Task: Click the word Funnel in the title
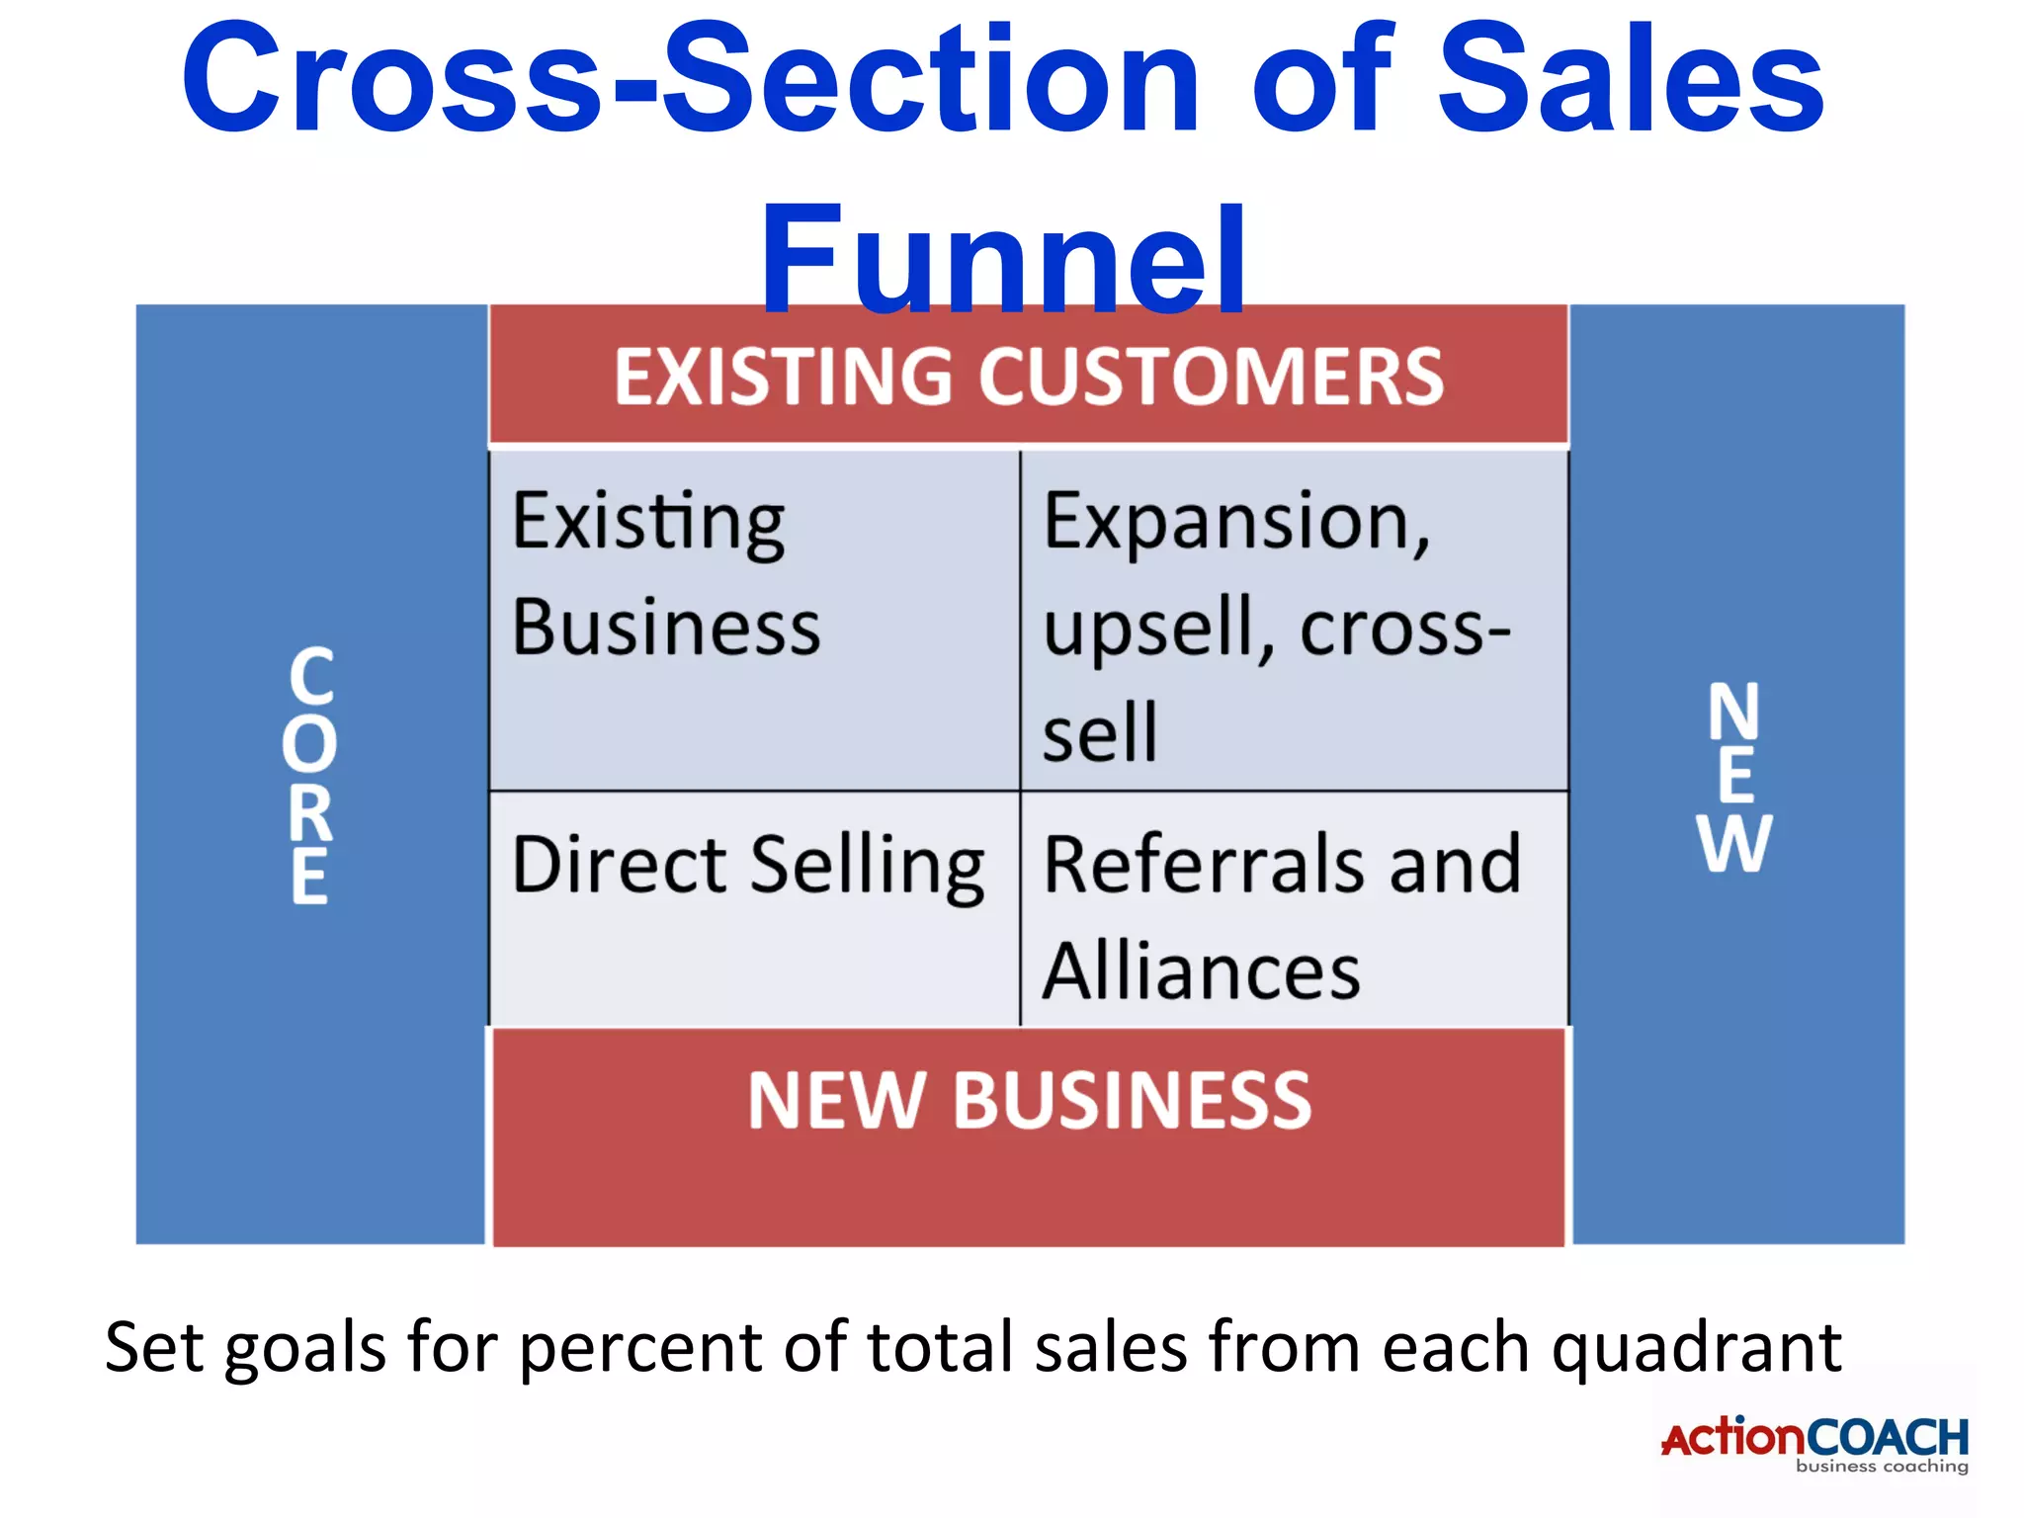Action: (x=1002, y=259)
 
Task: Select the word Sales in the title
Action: (x=1630, y=79)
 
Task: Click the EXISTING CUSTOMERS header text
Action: (x=1028, y=377)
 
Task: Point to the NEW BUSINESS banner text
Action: (x=1029, y=1100)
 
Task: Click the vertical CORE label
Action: (x=310, y=776)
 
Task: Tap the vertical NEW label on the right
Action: (x=1734, y=777)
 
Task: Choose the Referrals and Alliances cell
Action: (x=1293, y=909)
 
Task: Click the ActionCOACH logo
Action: (x=1814, y=1438)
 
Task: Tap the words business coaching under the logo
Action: (x=1882, y=1467)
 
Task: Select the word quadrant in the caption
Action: (x=1696, y=1348)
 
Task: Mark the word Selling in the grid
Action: (x=867, y=866)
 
